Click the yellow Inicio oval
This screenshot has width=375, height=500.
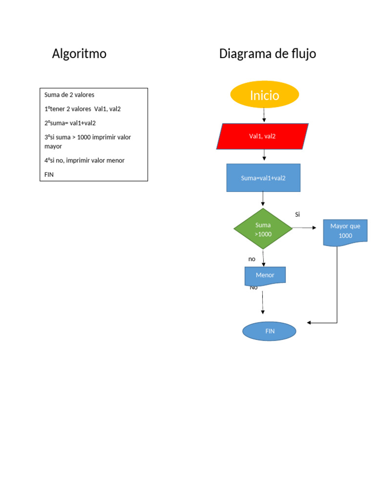point(264,95)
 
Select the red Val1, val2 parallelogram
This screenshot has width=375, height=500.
point(262,136)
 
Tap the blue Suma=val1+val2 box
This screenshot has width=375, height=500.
point(263,178)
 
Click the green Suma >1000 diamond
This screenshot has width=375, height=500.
point(263,229)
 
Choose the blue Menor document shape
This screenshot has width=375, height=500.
point(265,275)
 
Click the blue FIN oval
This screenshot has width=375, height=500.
point(270,331)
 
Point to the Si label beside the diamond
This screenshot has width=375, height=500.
point(297,214)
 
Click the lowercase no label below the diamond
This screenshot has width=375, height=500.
point(252,259)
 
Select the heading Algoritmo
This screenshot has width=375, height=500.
point(79,54)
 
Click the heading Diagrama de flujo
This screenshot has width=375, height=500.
point(268,54)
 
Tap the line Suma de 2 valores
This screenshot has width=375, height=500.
point(69,95)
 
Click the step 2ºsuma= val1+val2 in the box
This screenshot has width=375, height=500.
point(70,123)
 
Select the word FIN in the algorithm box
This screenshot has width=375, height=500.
point(49,174)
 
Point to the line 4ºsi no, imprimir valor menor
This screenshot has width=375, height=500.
point(84,160)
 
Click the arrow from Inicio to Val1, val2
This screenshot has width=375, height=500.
point(264,115)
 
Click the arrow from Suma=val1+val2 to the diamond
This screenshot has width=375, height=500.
point(263,199)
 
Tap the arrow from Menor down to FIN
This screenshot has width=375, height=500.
point(263,303)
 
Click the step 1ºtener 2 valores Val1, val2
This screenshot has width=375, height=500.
point(83,109)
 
